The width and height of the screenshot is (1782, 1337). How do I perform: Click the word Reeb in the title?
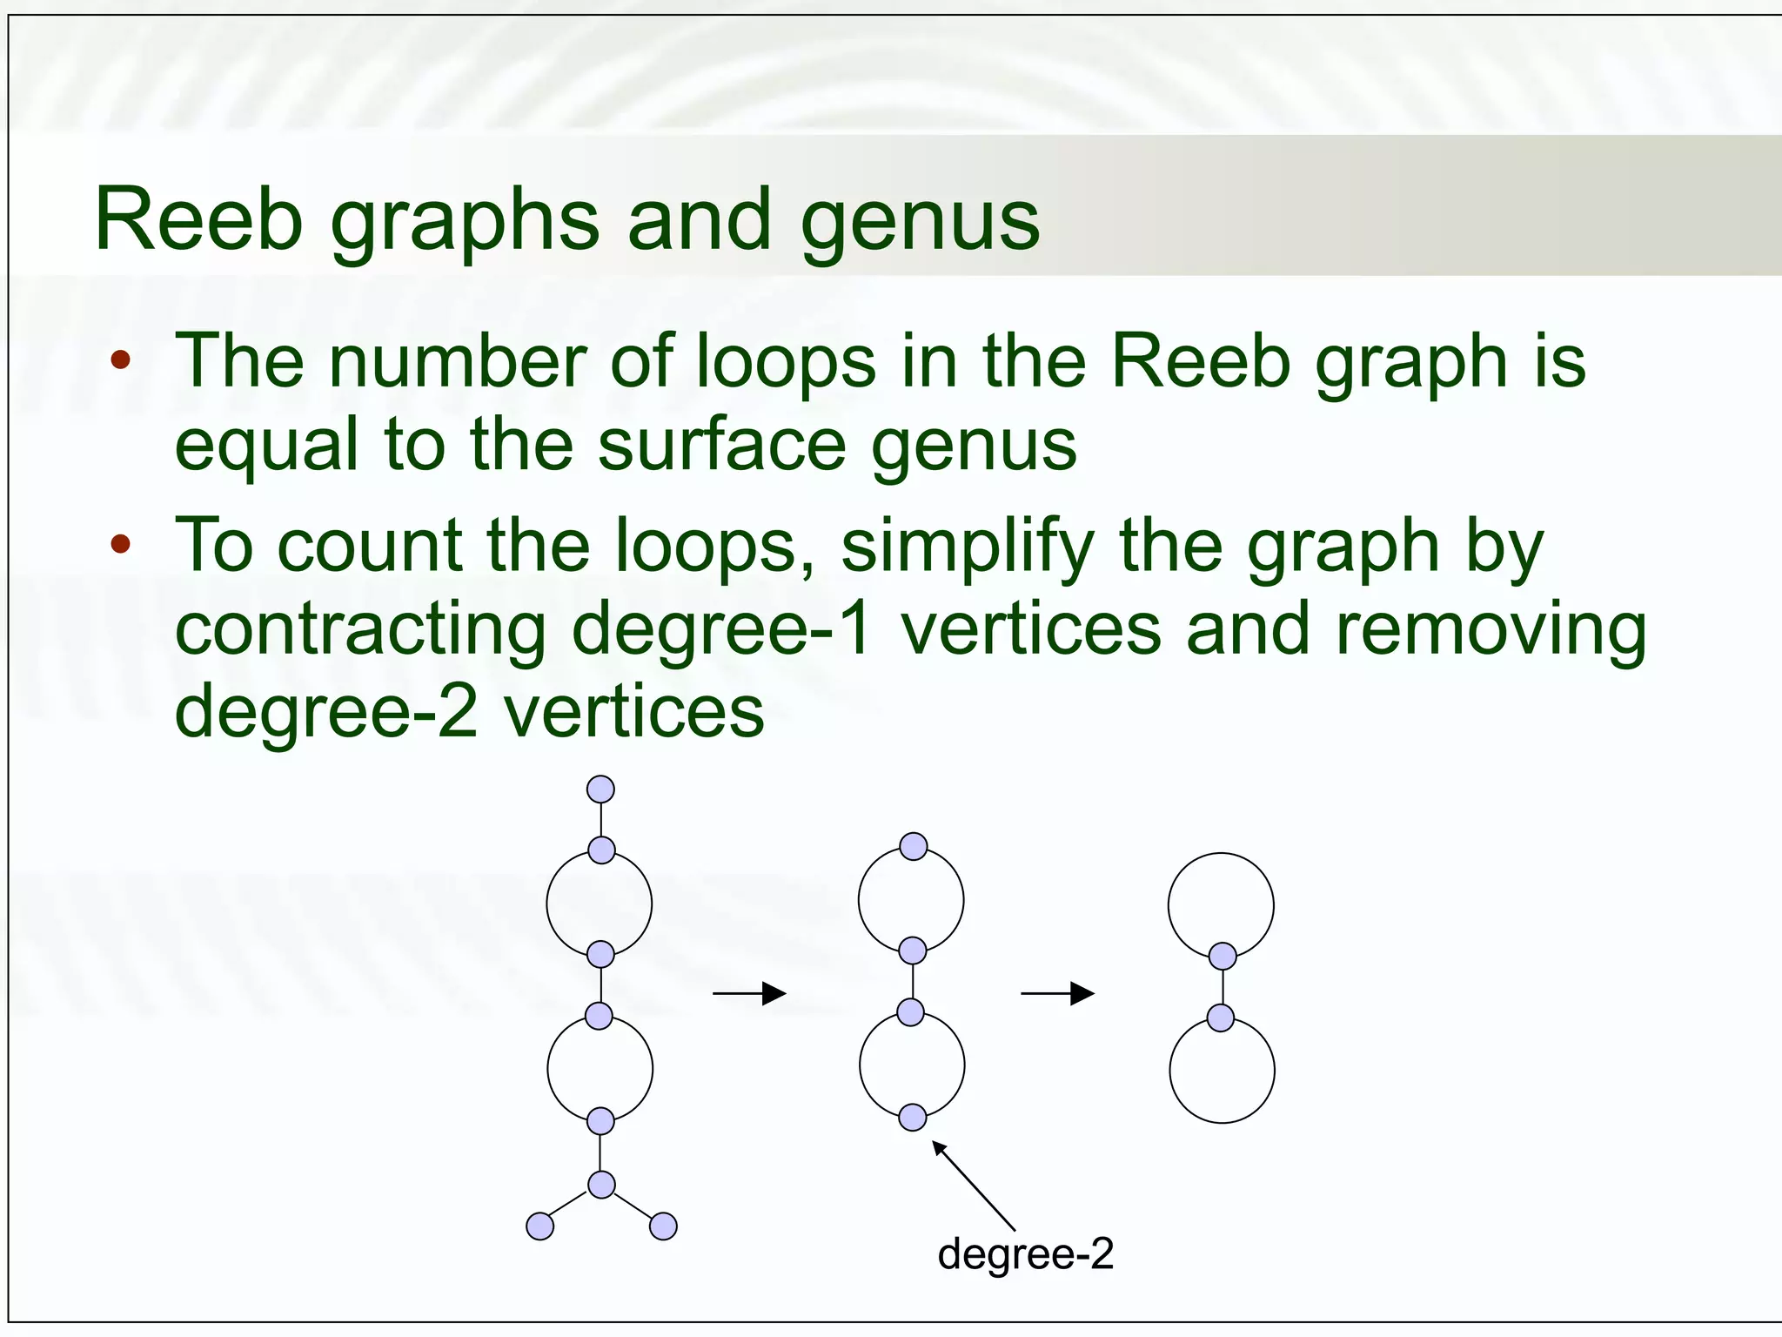click(x=198, y=219)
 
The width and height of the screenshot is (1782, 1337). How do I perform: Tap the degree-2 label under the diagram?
click(x=1025, y=1254)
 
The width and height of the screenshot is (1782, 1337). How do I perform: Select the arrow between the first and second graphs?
click(x=749, y=993)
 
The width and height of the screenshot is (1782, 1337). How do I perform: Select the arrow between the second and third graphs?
click(x=1057, y=993)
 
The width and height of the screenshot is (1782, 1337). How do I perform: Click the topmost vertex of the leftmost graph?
click(x=600, y=789)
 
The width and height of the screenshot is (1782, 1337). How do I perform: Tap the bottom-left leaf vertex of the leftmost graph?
click(x=540, y=1226)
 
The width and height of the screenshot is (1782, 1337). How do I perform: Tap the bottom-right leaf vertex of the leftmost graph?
click(x=663, y=1226)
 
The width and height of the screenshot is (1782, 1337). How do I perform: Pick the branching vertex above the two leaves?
click(x=601, y=1185)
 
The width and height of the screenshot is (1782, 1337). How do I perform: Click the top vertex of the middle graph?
click(x=914, y=846)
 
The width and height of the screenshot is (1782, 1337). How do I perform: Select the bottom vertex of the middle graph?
click(x=912, y=1117)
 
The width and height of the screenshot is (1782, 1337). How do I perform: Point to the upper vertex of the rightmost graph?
click(x=1223, y=956)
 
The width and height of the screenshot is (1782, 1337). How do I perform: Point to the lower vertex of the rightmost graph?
click(x=1221, y=1018)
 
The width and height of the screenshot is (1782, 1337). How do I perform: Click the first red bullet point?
click(x=121, y=359)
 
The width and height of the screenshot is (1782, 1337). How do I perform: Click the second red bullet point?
click(x=121, y=545)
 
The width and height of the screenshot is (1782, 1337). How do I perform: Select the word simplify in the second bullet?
click(x=967, y=547)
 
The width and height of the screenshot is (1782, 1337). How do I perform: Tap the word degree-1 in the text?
click(x=722, y=629)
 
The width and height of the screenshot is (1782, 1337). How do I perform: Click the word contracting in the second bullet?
click(x=360, y=629)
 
